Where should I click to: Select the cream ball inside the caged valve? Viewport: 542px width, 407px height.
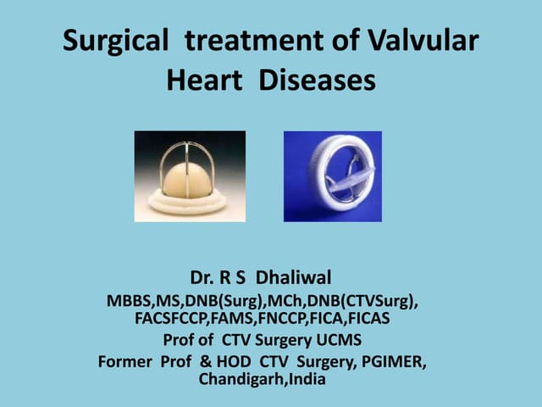(188, 180)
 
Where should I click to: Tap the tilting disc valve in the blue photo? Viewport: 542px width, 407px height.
(332, 176)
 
